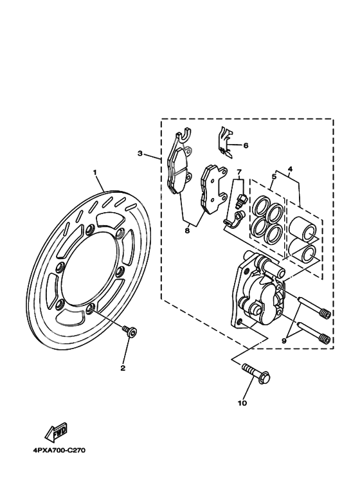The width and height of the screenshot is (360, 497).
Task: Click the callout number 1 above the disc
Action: pyautogui.click(x=94, y=172)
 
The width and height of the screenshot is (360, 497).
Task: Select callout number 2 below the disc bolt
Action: pyautogui.click(x=122, y=368)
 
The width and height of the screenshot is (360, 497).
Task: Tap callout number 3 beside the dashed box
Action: pyautogui.click(x=139, y=154)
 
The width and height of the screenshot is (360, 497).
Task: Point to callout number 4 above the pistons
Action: pyautogui.click(x=290, y=169)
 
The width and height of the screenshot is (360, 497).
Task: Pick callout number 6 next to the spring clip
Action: pyautogui.click(x=245, y=145)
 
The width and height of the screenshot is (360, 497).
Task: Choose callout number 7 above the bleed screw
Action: pyautogui.click(x=238, y=172)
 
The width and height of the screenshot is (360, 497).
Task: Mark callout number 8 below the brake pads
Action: pyautogui.click(x=187, y=230)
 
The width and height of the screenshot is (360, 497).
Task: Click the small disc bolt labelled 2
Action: pyautogui.click(x=130, y=331)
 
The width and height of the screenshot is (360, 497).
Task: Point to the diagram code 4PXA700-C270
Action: pyautogui.click(x=59, y=450)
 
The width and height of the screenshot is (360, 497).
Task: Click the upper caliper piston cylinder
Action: pyautogui.click(x=301, y=228)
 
